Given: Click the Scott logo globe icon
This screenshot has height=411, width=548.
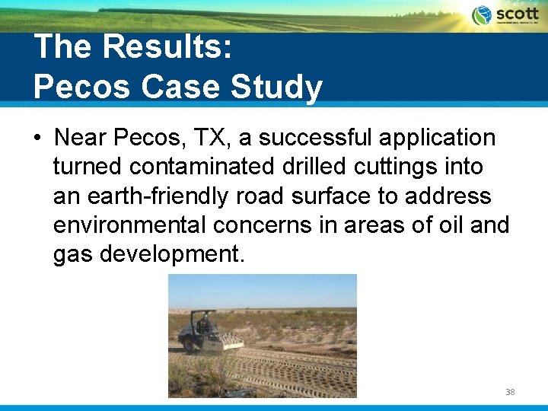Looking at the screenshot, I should click(x=482, y=15).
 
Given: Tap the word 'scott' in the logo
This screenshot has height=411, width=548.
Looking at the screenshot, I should click(x=517, y=13).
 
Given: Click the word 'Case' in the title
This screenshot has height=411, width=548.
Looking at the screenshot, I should click(x=172, y=87).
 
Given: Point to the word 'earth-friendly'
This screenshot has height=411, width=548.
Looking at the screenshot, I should click(x=158, y=196).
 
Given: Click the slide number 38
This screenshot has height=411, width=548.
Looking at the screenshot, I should click(x=510, y=392).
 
